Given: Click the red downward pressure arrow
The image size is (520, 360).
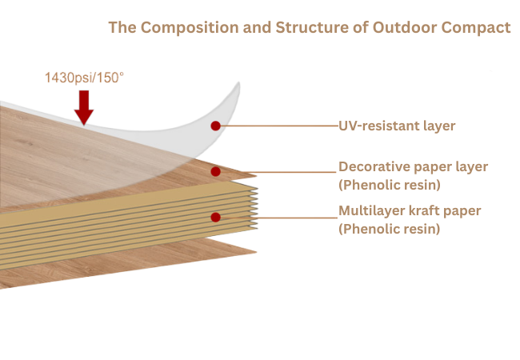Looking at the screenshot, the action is coord(84,107).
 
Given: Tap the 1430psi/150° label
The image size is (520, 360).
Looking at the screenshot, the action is coord(84,78).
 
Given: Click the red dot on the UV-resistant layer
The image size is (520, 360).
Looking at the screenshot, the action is coord(215,126).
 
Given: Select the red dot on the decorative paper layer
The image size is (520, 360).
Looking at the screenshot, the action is coord(215,171).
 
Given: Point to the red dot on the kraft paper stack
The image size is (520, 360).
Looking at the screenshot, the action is coord(215,217).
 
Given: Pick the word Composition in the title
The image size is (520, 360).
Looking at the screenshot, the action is coord(190,27).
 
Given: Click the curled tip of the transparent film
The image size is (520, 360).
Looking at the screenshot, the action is coord(238,84).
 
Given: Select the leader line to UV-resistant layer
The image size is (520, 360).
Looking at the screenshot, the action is coord(279,126).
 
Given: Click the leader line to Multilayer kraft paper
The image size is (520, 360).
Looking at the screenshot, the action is coord(278,218).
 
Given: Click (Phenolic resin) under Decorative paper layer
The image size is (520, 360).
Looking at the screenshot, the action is coord(390,185).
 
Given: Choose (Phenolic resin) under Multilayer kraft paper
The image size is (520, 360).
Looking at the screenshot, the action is coord(390,229).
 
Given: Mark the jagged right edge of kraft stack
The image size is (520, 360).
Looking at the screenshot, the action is coord(254,207).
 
